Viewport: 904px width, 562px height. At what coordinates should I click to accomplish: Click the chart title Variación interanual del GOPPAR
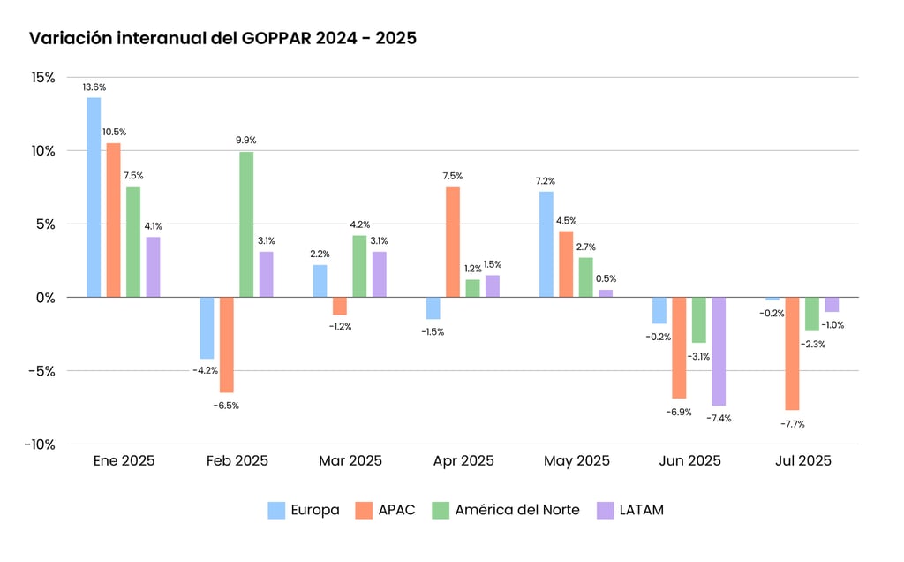point(222,38)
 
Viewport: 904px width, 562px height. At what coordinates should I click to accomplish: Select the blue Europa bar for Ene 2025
point(94,197)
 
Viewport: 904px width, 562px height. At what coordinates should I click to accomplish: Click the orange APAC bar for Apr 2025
point(453,242)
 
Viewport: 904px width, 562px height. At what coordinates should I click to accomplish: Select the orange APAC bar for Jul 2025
point(792,353)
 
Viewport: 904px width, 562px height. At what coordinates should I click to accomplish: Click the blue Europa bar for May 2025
point(546,245)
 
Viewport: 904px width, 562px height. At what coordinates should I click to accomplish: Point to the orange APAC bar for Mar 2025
point(340,306)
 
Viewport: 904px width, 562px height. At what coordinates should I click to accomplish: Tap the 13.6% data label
point(94,87)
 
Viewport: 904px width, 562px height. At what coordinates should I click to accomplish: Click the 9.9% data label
point(246,140)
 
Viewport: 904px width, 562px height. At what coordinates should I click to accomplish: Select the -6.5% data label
point(226,406)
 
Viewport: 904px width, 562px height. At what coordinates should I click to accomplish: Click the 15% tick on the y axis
point(42,77)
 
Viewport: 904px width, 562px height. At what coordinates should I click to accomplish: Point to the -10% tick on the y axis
point(39,444)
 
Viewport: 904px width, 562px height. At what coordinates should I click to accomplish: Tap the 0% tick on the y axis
point(46,297)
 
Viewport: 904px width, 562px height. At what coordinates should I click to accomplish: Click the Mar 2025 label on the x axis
point(350,461)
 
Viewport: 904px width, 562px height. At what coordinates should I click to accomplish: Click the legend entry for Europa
point(304,510)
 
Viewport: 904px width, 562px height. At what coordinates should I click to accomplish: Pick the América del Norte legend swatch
point(441,510)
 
